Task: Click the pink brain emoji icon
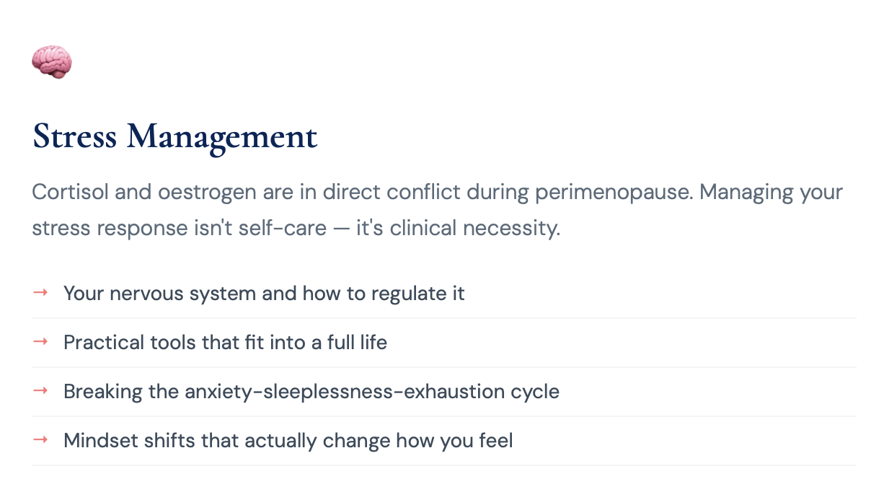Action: pos(52,62)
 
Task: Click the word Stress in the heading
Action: pos(74,136)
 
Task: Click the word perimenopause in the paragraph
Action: pos(614,193)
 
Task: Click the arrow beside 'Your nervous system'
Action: pos(40,292)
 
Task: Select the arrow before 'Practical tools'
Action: pos(40,341)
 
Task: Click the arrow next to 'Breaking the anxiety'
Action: pos(40,390)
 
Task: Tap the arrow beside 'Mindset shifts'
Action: pos(40,439)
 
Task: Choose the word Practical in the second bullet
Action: pos(102,342)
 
